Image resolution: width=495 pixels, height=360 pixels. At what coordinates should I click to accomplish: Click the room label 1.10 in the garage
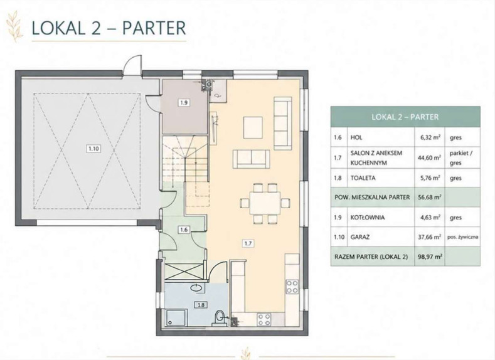click(x=93, y=148)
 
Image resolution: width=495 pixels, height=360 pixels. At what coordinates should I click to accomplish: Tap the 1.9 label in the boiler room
click(x=184, y=102)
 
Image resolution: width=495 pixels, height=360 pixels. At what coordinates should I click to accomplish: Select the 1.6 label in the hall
click(x=184, y=230)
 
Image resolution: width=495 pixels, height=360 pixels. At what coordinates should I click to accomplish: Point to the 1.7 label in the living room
click(x=248, y=243)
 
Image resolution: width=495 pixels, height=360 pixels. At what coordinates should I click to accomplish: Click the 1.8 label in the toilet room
click(x=201, y=305)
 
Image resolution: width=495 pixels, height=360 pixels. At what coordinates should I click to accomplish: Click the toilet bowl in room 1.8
click(x=219, y=317)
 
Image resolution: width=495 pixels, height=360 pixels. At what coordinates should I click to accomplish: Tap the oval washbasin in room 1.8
click(x=197, y=288)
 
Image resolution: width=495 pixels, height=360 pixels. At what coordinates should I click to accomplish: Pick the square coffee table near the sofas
click(x=253, y=127)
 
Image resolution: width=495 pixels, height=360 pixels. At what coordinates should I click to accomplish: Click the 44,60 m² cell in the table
click(x=429, y=158)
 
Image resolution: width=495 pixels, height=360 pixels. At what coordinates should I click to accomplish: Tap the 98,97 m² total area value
click(x=430, y=257)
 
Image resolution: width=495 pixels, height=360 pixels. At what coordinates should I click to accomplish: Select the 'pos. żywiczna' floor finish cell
click(x=462, y=236)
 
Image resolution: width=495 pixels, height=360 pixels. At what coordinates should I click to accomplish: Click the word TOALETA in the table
click(x=363, y=178)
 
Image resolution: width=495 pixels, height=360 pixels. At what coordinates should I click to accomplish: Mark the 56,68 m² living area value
click(x=430, y=197)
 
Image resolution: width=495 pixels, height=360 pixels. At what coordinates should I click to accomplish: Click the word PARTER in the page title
click(x=154, y=28)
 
